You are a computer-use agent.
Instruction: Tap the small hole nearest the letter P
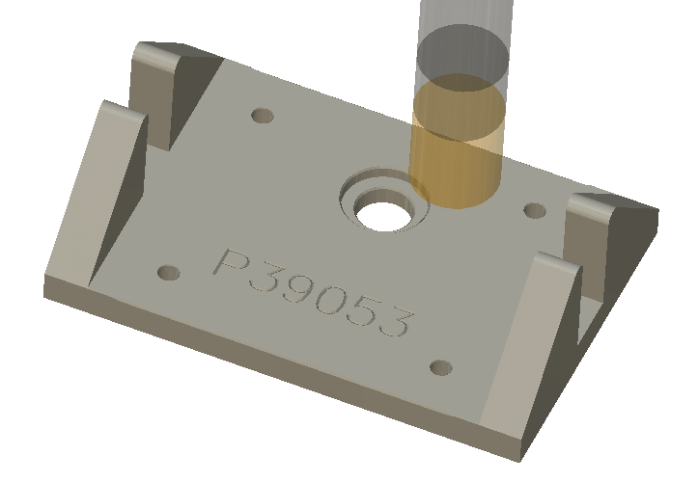click(169, 274)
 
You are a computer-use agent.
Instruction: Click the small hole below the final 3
click(440, 367)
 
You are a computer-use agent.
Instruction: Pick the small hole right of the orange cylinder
click(533, 208)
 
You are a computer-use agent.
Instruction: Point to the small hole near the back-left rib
click(262, 116)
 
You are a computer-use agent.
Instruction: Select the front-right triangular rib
click(526, 347)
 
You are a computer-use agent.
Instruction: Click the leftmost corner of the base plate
click(45, 282)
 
